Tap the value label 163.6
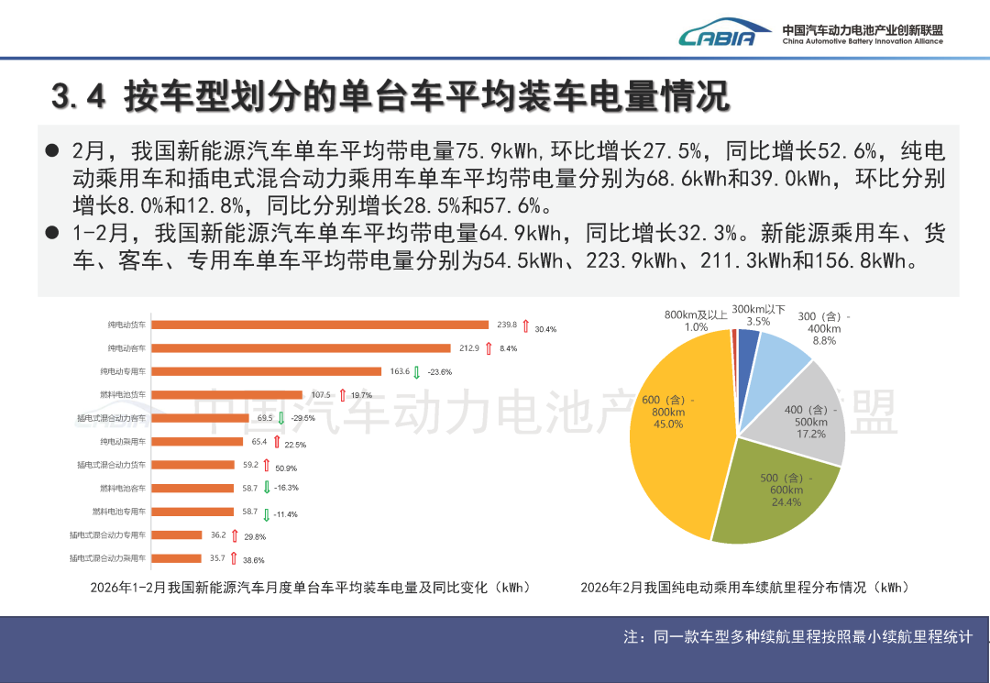[x=400, y=371]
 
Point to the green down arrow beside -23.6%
[x=417, y=372]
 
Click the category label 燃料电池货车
[x=123, y=395]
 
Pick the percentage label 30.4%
[x=545, y=328]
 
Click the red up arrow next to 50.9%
[x=267, y=466]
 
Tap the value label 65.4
[x=259, y=442]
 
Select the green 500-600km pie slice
[x=770, y=495]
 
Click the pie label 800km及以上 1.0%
[x=696, y=321]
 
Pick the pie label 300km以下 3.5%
[x=758, y=315]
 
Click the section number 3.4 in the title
[x=80, y=94]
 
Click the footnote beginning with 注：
[x=797, y=636]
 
